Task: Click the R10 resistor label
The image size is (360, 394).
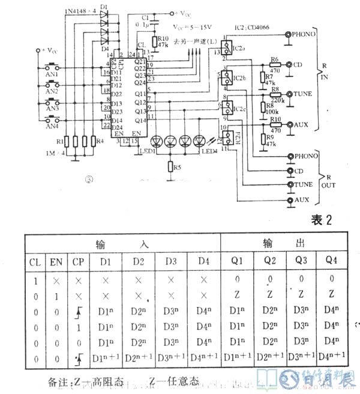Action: click(162, 37)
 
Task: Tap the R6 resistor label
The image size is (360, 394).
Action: click(275, 59)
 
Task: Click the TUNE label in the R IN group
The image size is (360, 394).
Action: click(304, 95)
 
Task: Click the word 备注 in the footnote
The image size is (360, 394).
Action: click(59, 381)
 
